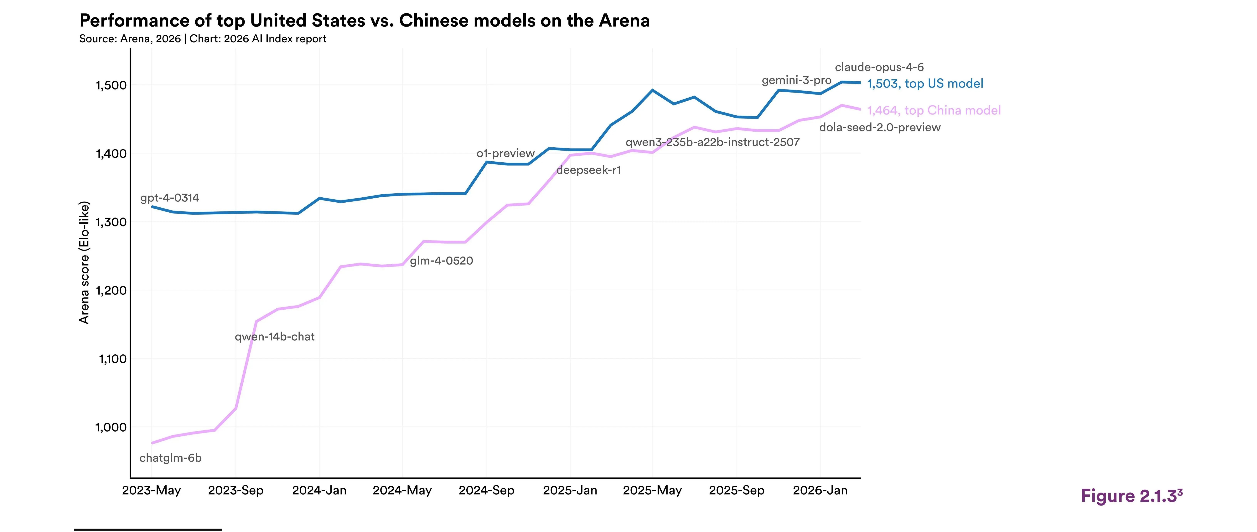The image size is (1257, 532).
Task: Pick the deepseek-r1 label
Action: tap(588, 170)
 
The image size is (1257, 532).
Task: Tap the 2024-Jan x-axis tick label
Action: tap(319, 490)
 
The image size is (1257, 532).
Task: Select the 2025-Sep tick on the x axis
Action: tap(736, 490)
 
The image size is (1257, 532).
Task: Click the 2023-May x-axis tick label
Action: tap(151, 490)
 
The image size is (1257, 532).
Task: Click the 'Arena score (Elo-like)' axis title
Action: tap(84, 262)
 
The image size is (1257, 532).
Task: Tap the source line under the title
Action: tap(203, 38)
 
